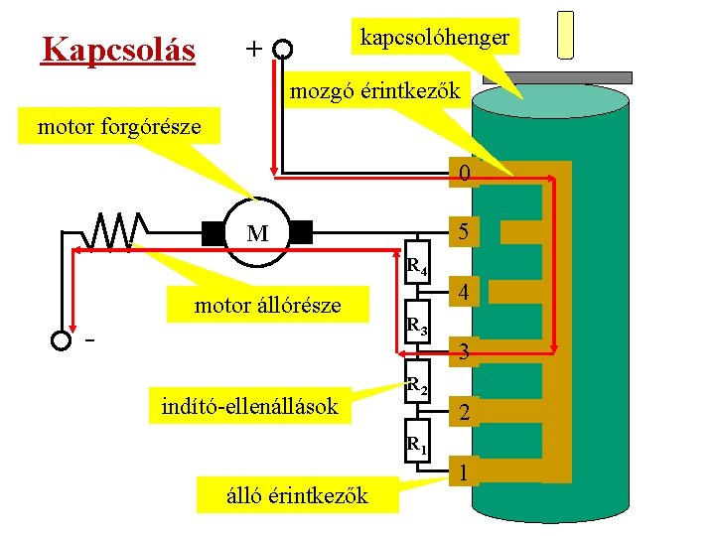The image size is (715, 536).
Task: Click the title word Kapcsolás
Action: pos(117,48)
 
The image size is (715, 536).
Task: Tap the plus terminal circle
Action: pos(283,49)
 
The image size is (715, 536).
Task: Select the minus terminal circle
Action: pos(62,340)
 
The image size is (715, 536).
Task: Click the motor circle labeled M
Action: pos(257,234)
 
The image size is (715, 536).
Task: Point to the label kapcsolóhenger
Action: pos(435,38)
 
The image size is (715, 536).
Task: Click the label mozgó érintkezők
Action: pos(374,92)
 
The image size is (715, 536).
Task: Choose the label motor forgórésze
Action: pos(119,127)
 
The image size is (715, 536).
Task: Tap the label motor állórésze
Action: pos(267,305)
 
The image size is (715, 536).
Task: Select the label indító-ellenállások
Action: pos(250,405)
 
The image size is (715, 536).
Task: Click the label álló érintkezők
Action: pos(297,494)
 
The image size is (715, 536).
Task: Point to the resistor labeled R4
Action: pos(418,260)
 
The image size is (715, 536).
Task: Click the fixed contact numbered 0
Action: pos(464,176)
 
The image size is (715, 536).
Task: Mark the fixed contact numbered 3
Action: pos(464,350)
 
